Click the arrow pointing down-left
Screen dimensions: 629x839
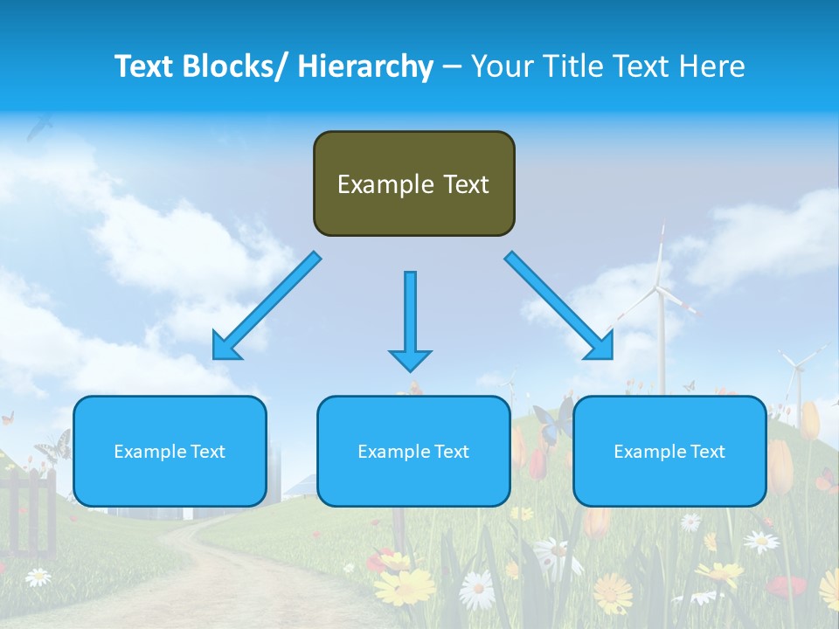point(267,307)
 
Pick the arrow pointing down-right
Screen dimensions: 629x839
point(559,306)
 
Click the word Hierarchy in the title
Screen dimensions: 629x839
point(364,66)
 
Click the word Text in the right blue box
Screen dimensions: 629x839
point(707,452)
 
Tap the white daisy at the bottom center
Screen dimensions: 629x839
point(477,591)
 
